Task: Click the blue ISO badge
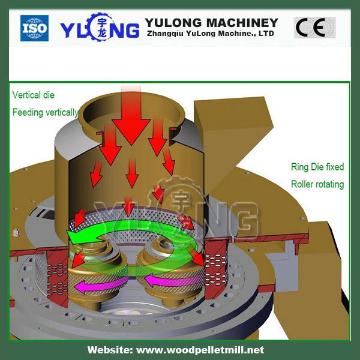coord(34,28)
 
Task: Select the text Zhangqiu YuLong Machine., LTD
coord(211,34)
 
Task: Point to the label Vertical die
coord(33,95)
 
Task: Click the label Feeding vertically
coord(45,112)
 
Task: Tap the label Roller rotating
coord(317,184)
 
